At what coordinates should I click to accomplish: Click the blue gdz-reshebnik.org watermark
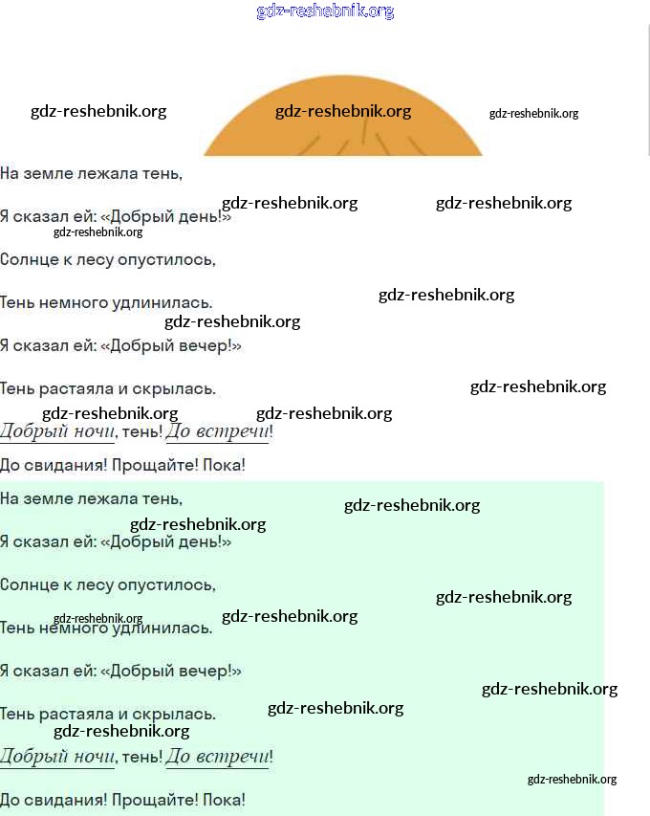pyautogui.click(x=325, y=11)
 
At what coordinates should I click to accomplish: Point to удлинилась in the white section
pyautogui.click(x=166, y=302)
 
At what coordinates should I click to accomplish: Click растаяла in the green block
pyautogui.click(x=76, y=714)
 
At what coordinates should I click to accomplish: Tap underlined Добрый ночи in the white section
pyautogui.click(x=57, y=431)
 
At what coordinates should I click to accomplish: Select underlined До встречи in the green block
pyautogui.click(x=218, y=757)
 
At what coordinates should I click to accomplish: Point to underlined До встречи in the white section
pyautogui.click(x=218, y=431)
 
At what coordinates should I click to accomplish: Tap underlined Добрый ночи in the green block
pyautogui.click(x=57, y=757)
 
